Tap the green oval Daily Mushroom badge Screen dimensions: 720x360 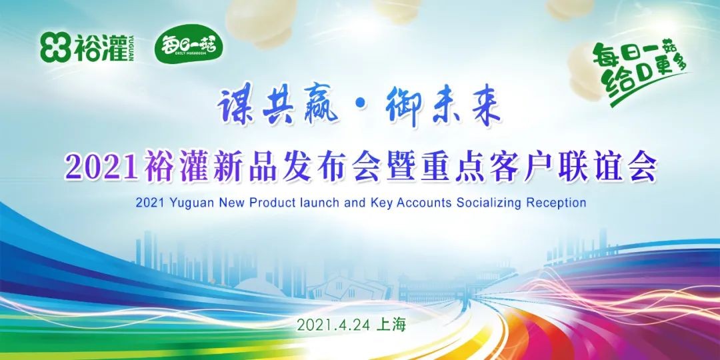tap(188, 46)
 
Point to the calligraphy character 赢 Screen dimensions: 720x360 tap(320, 105)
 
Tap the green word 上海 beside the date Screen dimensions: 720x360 tap(391, 325)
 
